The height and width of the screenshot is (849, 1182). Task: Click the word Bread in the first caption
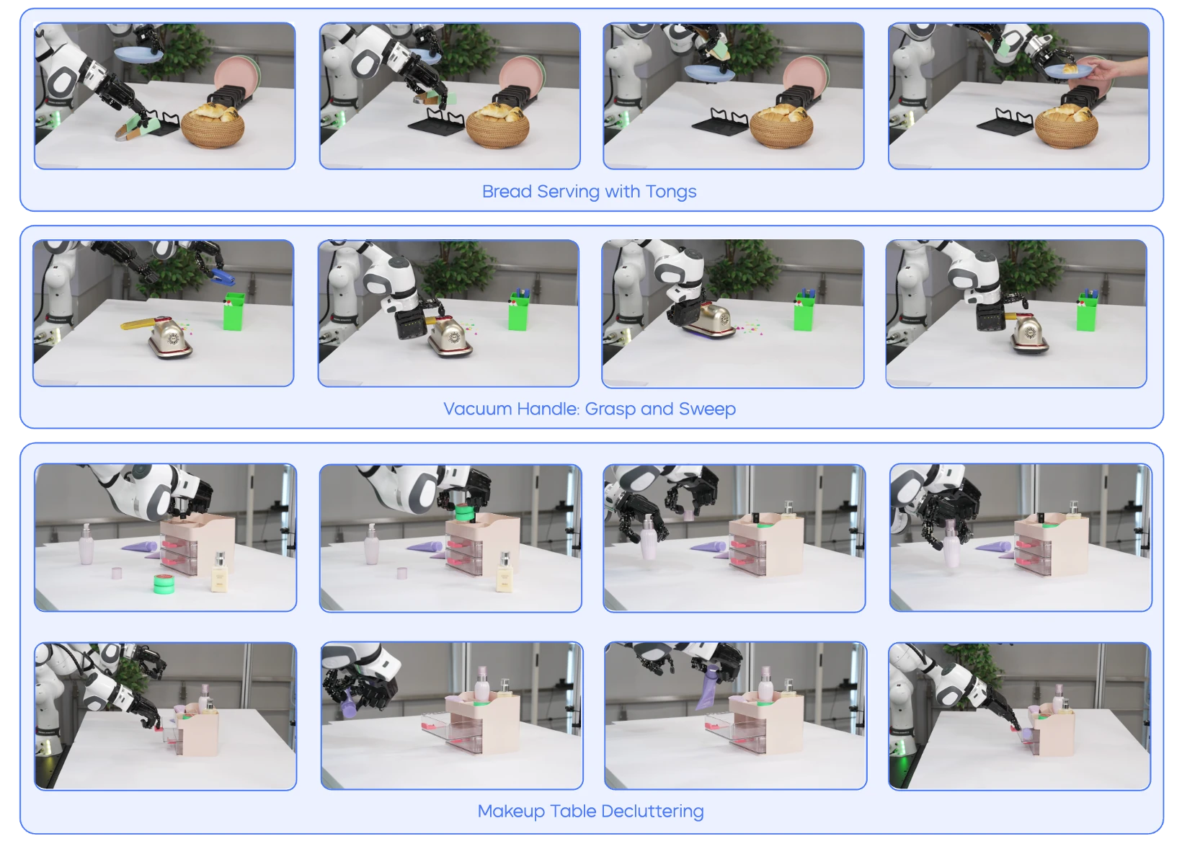[507, 191]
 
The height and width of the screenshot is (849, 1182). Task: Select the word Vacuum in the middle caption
[477, 409]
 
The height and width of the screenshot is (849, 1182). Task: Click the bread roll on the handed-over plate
[1070, 68]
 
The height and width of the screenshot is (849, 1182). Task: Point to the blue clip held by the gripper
[223, 275]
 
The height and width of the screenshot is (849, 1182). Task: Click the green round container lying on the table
[164, 584]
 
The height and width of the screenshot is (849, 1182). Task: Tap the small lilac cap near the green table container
[117, 573]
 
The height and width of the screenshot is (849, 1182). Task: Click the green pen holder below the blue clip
[234, 311]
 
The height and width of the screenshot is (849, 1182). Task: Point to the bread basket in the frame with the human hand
[1067, 127]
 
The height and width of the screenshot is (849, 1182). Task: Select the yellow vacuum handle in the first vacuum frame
[138, 323]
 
